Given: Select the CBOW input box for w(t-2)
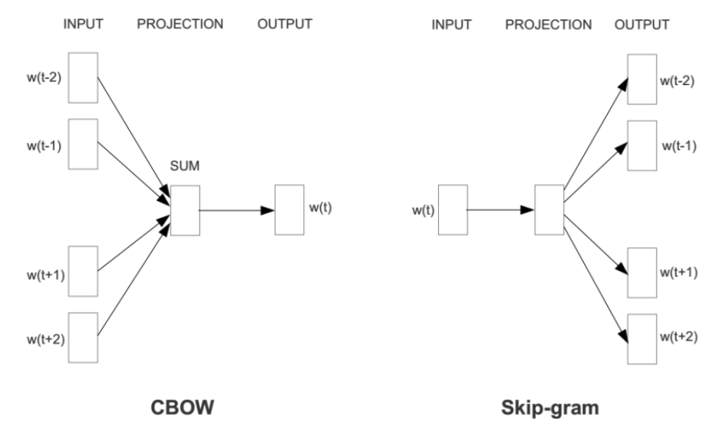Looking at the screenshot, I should tap(83, 77).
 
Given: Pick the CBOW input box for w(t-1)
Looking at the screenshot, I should tap(83, 143).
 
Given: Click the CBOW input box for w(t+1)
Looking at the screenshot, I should tap(83, 272).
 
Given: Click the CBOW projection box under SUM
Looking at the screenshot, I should tap(185, 209).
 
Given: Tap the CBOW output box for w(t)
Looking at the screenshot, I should tap(289, 209).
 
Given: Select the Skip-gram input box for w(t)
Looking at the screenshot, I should tap(453, 209).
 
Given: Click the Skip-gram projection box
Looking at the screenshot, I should tap(549, 209).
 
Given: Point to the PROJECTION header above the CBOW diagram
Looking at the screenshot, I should tap(180, 24).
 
